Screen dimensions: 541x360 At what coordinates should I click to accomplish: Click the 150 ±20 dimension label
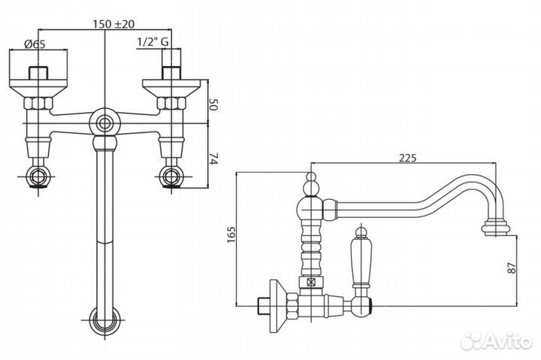point(113,24)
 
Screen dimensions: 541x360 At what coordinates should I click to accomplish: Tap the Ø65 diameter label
point(35,44)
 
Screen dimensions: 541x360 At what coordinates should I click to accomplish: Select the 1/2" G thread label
point(153,42)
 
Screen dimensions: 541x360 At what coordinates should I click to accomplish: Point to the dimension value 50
point(214,104)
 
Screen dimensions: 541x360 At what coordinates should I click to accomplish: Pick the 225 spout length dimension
point(408,158)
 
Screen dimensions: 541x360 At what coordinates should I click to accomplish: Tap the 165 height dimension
point(231,234)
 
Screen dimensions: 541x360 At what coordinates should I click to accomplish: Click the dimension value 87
point(512,268)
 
